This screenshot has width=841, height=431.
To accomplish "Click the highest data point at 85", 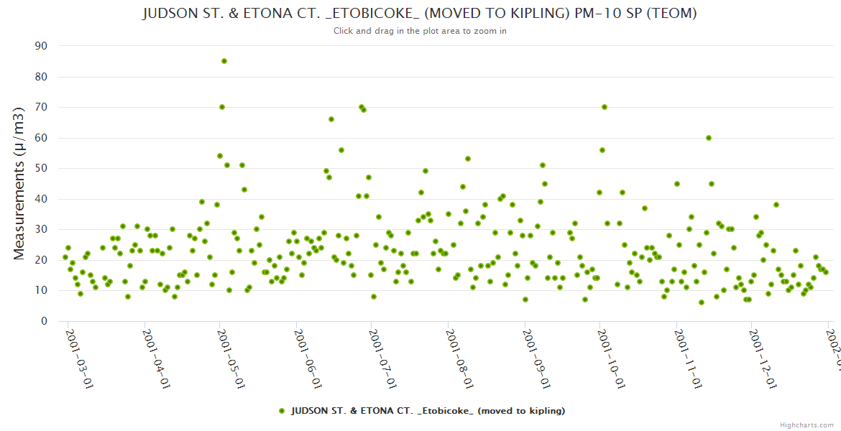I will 224,61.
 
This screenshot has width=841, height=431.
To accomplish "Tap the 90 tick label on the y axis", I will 41,46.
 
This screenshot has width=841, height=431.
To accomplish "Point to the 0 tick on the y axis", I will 44,321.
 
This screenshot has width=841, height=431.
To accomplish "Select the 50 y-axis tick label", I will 41,168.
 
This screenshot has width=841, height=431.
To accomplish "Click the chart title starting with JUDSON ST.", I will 420,14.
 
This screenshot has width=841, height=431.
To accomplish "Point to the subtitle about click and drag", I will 420,31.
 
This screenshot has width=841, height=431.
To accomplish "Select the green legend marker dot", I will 282,411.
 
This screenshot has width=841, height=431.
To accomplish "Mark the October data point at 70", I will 605,107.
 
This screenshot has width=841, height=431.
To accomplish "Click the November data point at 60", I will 709,138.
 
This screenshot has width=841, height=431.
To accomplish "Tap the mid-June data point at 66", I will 331,119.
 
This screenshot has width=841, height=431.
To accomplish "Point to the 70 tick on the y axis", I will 41,107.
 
